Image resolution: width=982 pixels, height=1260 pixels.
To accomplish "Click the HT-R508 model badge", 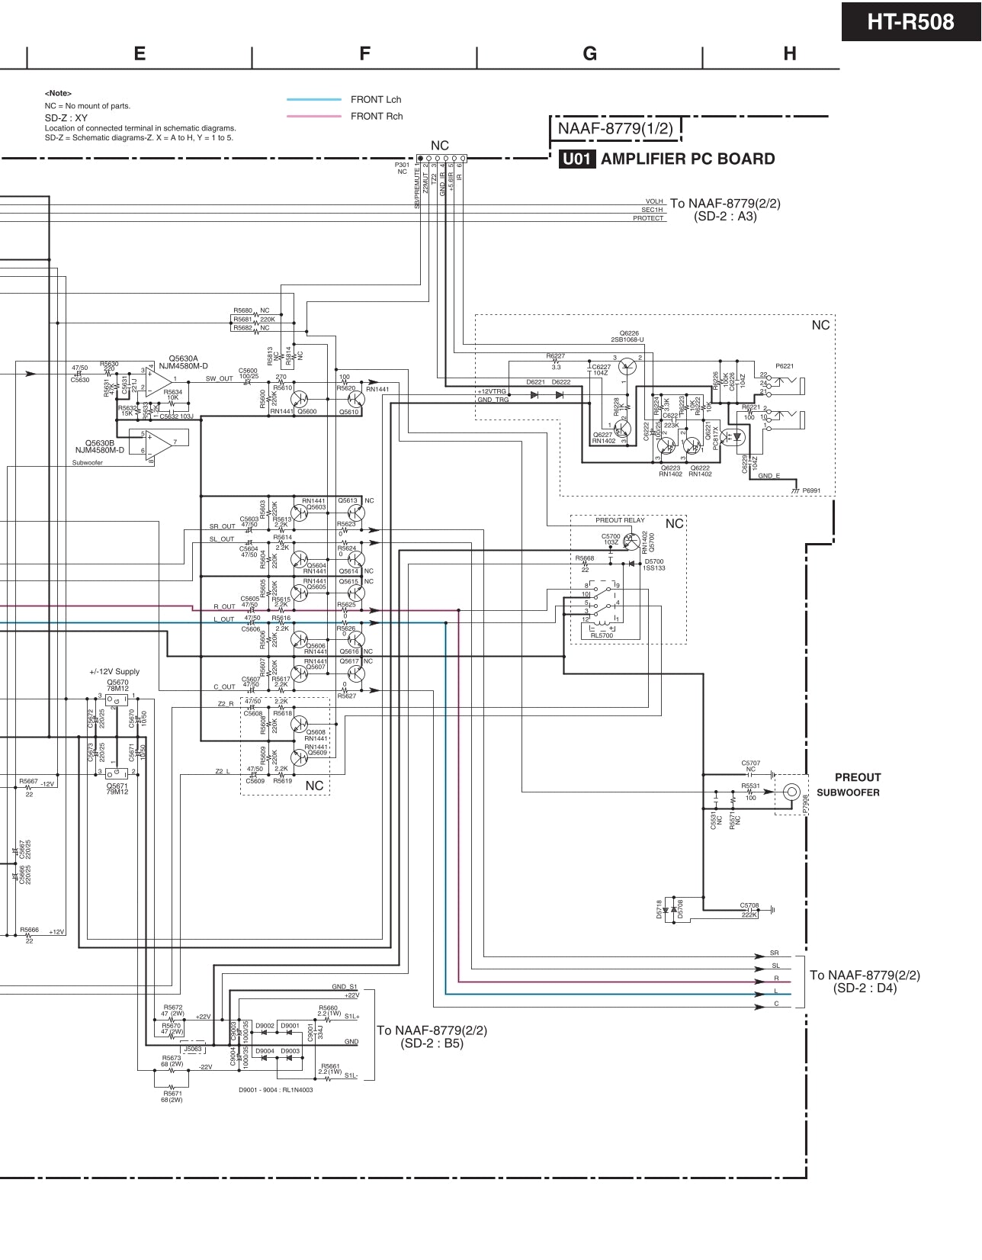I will [910, 21].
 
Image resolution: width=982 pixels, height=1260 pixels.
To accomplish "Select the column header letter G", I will [589, 53].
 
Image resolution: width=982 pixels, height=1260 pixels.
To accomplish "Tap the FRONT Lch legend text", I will [376, 100].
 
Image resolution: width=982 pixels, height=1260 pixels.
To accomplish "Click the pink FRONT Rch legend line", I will [313, 117].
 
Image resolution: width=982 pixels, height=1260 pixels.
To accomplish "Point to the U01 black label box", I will [577, 159].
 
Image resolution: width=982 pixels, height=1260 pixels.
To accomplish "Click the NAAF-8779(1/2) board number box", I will [615, 129].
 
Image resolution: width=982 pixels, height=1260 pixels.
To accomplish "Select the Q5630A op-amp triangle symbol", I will [160, 378].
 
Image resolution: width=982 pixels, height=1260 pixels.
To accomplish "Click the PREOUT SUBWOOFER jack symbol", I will [792, 792].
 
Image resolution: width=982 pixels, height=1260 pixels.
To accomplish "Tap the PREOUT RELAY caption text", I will [619, 520].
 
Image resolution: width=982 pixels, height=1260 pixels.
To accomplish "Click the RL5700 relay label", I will [602, 635].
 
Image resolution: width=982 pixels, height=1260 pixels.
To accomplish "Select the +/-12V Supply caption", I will [114, 672].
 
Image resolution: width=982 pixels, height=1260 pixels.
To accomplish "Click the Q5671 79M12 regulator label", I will [117, 789].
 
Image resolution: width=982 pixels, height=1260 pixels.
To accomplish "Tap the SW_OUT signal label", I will [219, 378].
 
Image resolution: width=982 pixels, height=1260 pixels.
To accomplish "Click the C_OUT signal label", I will [224, 687].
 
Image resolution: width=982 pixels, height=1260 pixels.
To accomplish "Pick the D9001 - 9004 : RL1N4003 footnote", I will [276, 1090].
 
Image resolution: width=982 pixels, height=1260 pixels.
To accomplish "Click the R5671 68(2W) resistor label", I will [172, 1096].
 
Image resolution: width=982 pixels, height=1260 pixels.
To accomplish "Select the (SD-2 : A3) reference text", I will [725, 217].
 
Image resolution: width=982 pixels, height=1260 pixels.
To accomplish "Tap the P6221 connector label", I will [785, 366].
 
